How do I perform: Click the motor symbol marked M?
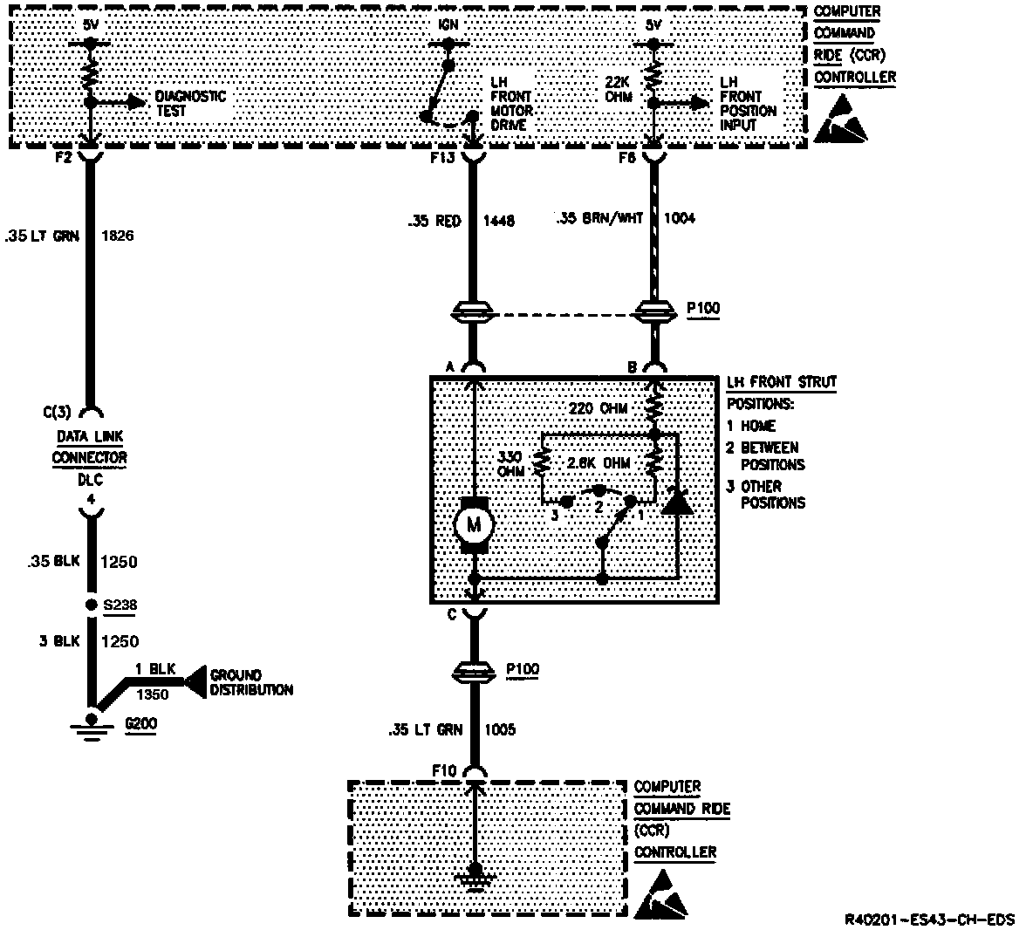pyautogui.click(x=474, y=524)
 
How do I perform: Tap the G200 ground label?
pyautogui.click(x=140, y=724)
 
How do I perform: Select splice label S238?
pyautogui.click(x=120, y=605)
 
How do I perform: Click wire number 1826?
pyautogui.click(x=118, y=235)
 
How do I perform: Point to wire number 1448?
pyautogui.click(x=499, y=220)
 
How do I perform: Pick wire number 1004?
pyautogui.click(x=680, y=218)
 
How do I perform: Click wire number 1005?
pyautogui.click(x=498, y=728)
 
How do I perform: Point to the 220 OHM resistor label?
pyautogui.click(x=598, y=407)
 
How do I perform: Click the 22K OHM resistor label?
pyautogui.click(x=618, y=90)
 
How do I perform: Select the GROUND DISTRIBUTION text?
pyautogui.click(x=250, y=682)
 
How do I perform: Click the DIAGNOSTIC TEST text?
pyautogui.click(x=190, y=103)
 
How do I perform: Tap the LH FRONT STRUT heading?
pyautogui.click(x=781, y=382)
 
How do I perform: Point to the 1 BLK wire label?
pyautogui.click(x=154, y=669)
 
